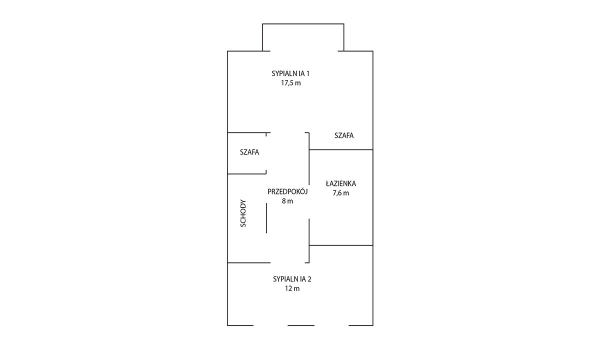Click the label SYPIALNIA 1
[x=290, y=73]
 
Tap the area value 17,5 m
[x=291, y=83]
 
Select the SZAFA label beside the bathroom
[x=344, y=135]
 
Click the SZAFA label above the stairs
[x=249, y=152]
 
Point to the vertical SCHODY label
[x=243, y=213]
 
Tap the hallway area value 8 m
[x=287, y=201]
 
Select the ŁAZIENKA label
[x=340, y=183]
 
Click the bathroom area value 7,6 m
[x=340, y=193]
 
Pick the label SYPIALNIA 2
[x=292, y=279]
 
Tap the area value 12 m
[x=292, y=289]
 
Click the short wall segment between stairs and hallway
[x=266, y=218]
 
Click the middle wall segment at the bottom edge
[x=301, y=325]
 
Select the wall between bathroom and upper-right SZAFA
[x=341, y=149]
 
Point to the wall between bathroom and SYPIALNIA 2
[x=341, y=245]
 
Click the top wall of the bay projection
[x=303, y=24]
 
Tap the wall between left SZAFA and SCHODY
[x=246, y=174]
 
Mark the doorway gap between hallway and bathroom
[x=309, y=202]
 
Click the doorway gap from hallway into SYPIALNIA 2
[x=288, y=263]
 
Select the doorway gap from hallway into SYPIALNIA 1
[x=288, y=132]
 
